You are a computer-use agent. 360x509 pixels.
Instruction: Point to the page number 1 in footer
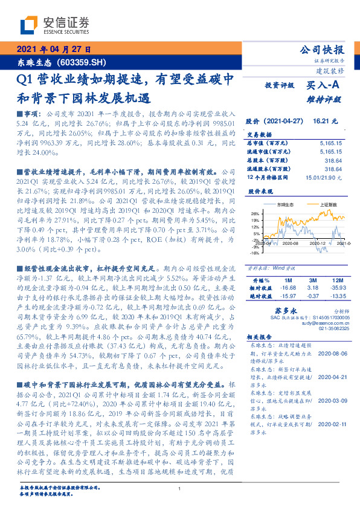(180, 488)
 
